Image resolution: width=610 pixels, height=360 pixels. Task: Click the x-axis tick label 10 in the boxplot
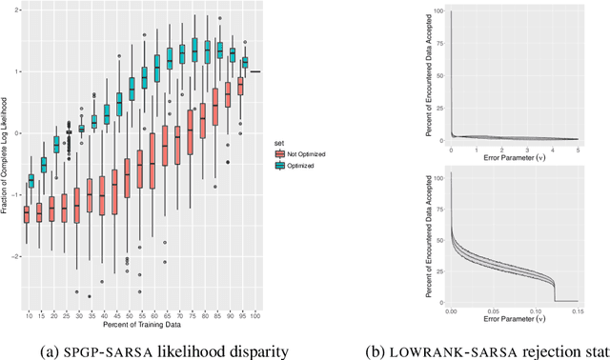click(30, 315)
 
